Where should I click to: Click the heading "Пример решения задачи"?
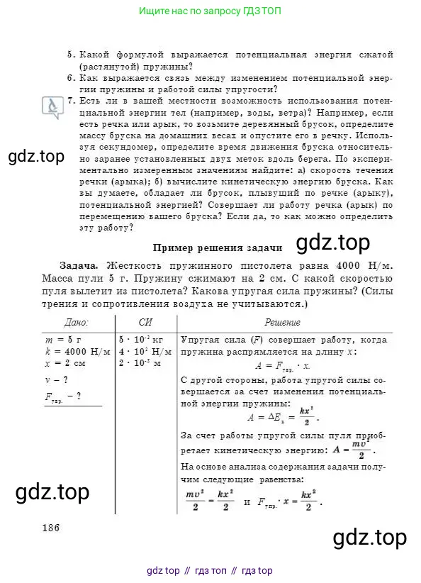click(x=218, y=248)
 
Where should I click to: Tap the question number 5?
click(x=70, y=55)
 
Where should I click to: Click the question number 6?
click(x=70, y=78)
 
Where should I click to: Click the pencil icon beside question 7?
click(x=52, y=106)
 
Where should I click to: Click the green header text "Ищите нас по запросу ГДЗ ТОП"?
click(x=210, y=11)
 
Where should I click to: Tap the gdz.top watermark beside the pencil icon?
click(x=36, y=155)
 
